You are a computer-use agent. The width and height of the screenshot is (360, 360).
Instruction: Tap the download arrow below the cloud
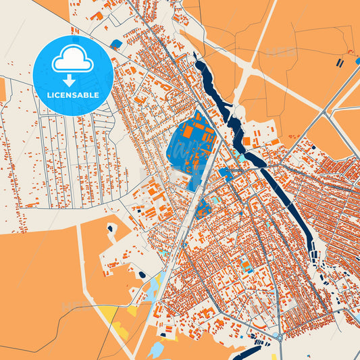point(72,80)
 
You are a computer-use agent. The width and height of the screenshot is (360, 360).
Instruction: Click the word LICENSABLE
point(72,95)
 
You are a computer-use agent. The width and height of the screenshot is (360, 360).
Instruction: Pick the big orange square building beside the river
point(247,141)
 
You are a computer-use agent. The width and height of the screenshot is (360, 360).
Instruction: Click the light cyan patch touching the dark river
point(241,158)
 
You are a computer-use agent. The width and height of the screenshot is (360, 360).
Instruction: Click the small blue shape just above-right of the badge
point(116,44)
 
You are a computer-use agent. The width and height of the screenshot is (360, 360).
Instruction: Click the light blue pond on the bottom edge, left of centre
point(156,350)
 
